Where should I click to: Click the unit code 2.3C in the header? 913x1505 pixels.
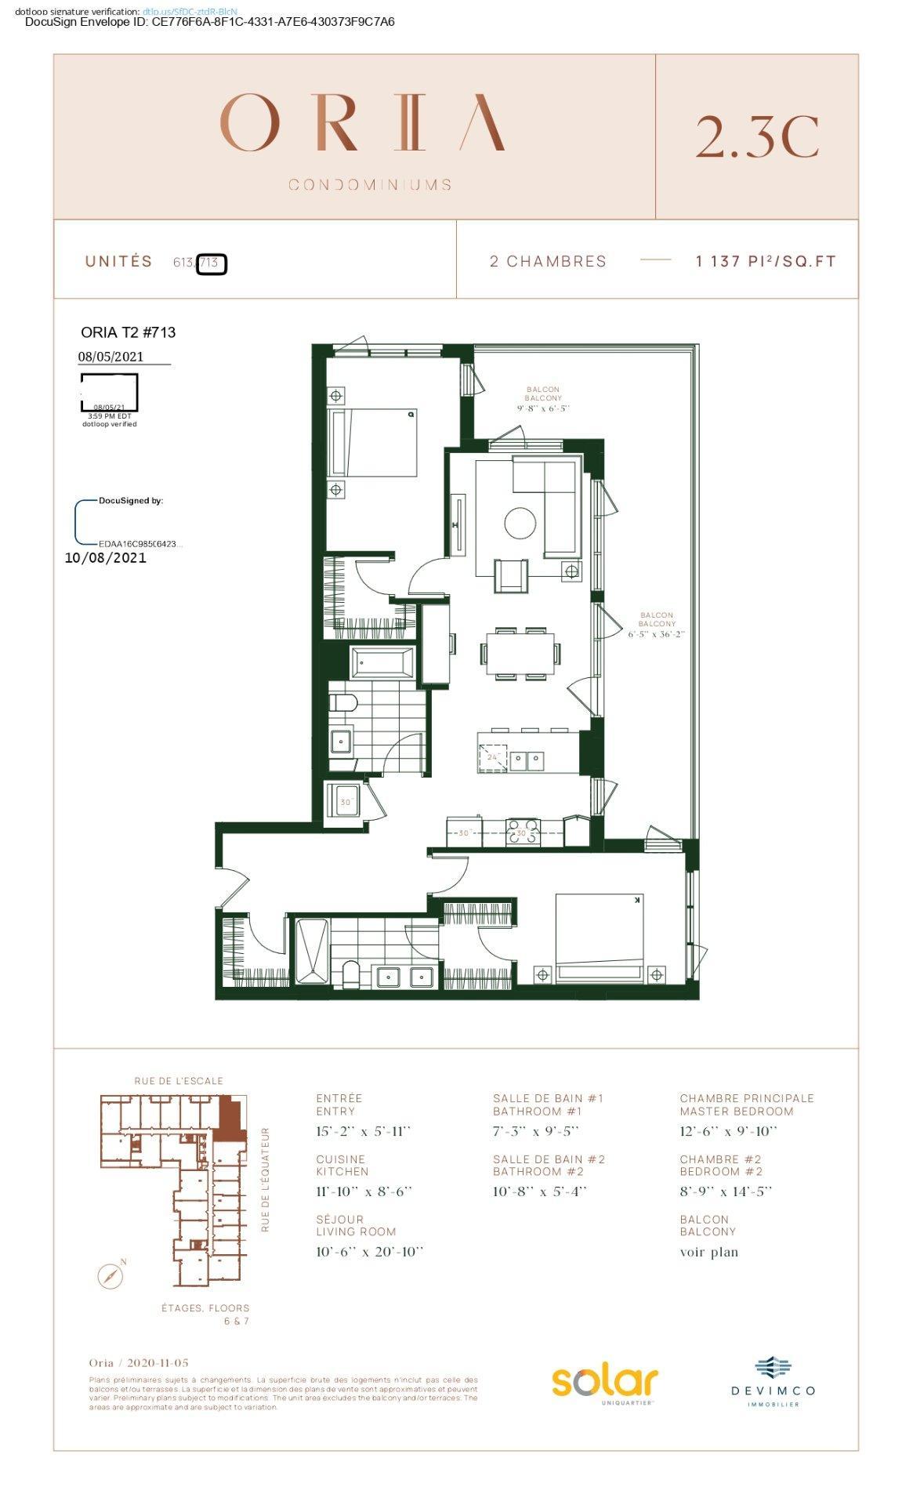[756, 136]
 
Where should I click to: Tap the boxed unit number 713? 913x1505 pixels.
[210, 263]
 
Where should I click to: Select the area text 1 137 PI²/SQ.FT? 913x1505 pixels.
[766, 261]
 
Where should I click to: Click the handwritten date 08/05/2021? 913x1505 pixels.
[111, 357]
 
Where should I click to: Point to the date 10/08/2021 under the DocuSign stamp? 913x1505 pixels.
[105, 558]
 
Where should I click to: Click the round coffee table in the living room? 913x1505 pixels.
[520, 523]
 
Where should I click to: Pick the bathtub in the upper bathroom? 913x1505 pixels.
[382, 663]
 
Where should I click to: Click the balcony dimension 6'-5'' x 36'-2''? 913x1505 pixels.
[656, 634]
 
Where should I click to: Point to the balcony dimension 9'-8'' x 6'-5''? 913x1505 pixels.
[542, 408]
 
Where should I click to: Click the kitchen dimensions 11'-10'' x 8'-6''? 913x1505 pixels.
[364, 1191]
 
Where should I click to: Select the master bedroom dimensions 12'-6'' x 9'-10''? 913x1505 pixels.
[728, 1131]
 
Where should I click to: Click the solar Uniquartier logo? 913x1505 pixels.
[604, 1383]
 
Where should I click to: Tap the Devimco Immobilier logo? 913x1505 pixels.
[773, 1382]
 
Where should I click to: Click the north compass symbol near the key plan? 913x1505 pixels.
[111, 1276]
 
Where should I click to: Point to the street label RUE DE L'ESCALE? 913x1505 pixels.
[179, 1081]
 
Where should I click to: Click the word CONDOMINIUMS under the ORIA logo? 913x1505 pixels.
[370, 185]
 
